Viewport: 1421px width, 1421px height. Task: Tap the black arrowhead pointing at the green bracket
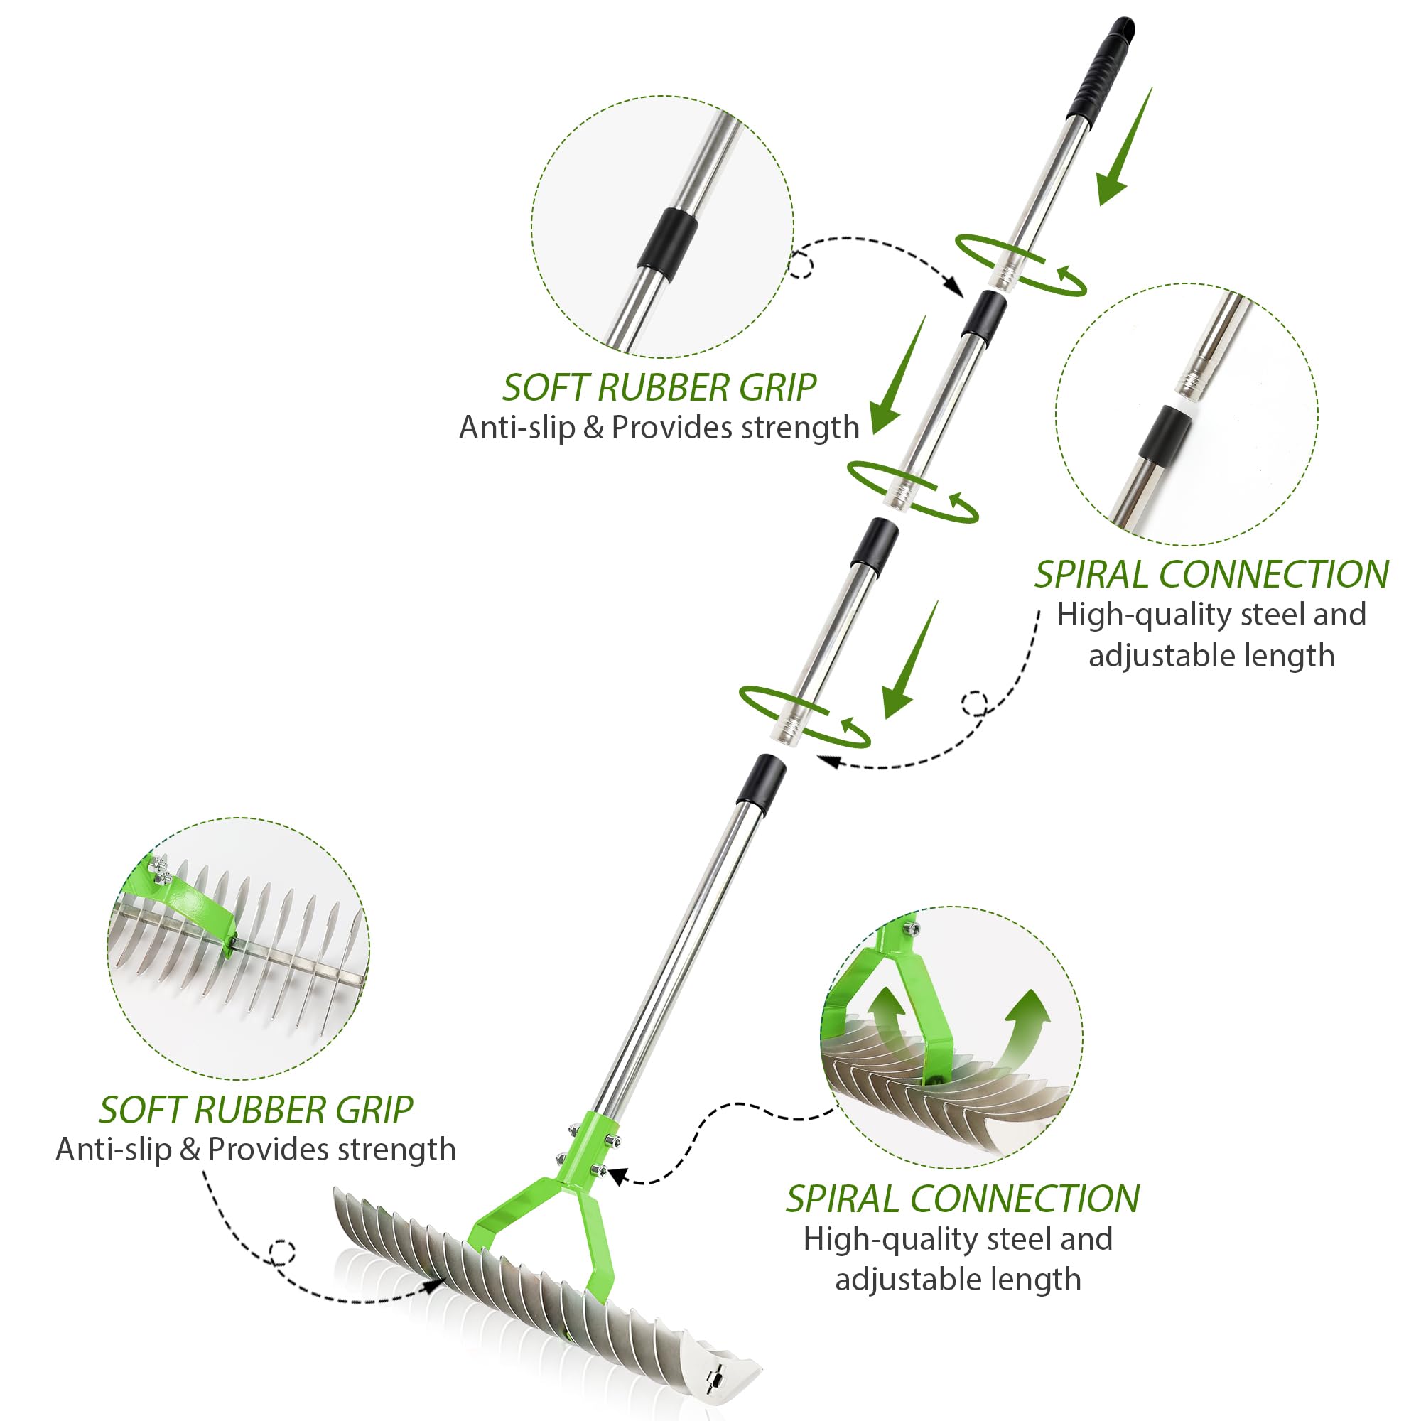tap(616, 1176)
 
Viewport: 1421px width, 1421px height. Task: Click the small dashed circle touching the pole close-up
tap(800, 265)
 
